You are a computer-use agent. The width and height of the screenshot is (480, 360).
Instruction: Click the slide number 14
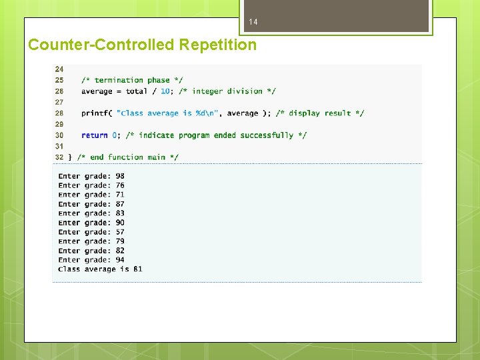[x=253, y=23]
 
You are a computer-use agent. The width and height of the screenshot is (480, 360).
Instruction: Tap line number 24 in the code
[x=59, y=69]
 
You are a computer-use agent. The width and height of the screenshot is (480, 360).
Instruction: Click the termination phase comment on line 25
[x=132, y=80]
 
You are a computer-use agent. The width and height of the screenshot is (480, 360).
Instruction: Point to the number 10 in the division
[x=165, y=91]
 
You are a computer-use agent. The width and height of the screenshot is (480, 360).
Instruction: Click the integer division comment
[x=227, y=91]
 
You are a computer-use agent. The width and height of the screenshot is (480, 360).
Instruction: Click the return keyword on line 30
[x=95, y=135]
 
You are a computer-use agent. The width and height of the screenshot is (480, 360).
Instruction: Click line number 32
[x=59, y=157]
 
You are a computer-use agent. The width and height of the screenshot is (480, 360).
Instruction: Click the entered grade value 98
[x=120, y=176]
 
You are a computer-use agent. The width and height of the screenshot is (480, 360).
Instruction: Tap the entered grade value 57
[x=120, y=232]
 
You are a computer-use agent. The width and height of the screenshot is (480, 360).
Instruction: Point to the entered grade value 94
[x=120, y=260]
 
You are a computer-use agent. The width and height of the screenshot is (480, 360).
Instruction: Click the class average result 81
[x=138, y=269]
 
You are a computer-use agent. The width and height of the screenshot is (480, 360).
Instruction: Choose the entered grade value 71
[x=120, y=195]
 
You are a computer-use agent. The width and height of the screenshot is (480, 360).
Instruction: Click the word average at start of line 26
[x=97, y=91]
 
